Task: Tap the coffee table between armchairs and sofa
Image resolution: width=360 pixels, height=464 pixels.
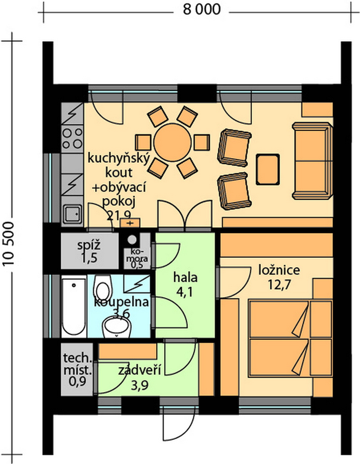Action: click(x=268, y=169)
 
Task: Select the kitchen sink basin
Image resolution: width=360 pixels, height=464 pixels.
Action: click(x=72, y=214)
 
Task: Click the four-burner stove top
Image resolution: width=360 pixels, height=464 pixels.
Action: click(x=73, y=139)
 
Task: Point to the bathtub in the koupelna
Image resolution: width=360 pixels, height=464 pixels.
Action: click(x=74, y=306)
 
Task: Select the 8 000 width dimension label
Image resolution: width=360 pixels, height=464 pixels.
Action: click(x=202, y=9)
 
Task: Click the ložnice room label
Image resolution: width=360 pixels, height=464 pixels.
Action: click(x=279, y=270)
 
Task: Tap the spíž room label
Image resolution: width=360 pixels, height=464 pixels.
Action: click(x=89, y=246)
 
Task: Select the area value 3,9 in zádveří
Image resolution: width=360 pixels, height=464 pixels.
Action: click(x=139, y=386)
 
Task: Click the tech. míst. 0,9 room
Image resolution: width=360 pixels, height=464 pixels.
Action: click(x=77, y=369)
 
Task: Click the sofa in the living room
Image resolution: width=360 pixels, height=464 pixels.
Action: click(x=313, y=161)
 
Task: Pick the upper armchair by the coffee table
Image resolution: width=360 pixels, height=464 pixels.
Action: click(x=234, y=147)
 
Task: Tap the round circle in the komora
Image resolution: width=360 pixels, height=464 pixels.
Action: click(x=132, y=239)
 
